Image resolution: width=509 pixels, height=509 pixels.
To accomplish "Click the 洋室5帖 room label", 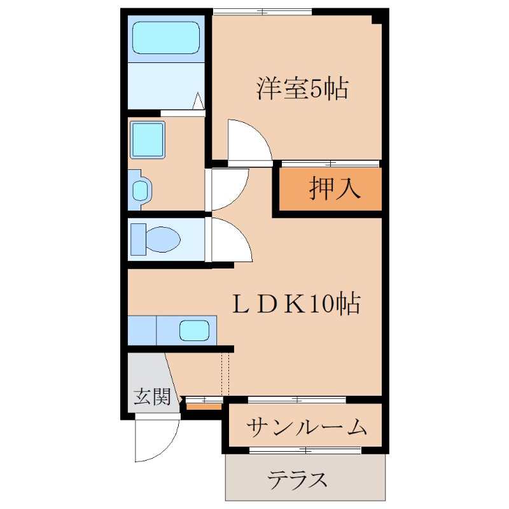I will (302, 89).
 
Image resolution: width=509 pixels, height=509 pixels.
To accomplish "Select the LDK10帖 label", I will (295, 305).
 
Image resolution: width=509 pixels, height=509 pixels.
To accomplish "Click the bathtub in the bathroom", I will (165, 38).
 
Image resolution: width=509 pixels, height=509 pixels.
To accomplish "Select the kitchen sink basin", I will (194, 331).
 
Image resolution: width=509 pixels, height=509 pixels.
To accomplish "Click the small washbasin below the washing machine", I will (141, 190).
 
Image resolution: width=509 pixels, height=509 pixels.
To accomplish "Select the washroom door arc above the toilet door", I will (227, 188).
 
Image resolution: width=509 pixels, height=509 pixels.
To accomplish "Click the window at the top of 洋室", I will (262, 11).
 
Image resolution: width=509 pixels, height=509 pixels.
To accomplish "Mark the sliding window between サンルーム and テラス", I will (305, 450).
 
